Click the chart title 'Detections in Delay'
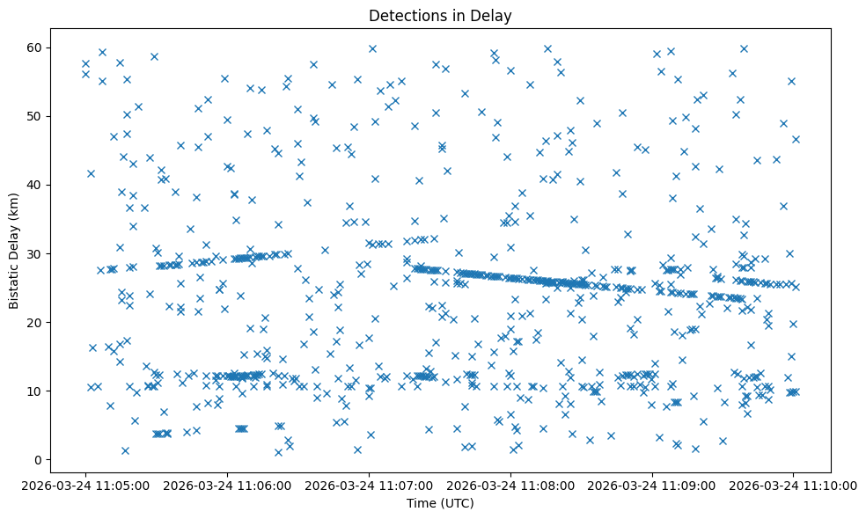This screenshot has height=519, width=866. click(440, 16)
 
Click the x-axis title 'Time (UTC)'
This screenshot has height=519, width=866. click(440, 503)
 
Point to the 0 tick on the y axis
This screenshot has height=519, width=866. click(38, 460)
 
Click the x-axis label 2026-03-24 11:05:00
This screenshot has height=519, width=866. click(85, 485)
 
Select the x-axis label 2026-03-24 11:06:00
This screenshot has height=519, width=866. click(227, 485)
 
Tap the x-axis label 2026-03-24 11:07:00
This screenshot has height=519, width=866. click(369, 485)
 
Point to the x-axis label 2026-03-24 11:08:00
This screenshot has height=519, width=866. click(510, 485)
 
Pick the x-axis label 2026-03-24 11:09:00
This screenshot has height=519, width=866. click(652, 485)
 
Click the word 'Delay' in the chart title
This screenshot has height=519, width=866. click(493, 16)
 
